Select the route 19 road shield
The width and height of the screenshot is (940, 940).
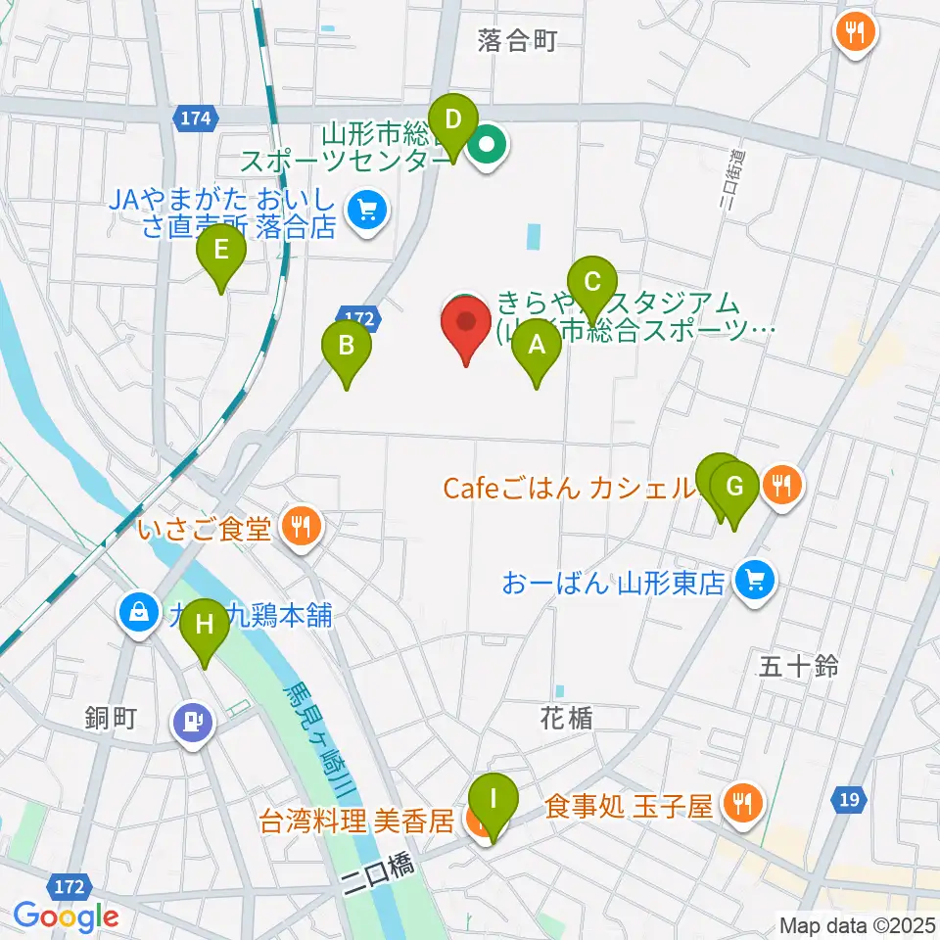point(849,801)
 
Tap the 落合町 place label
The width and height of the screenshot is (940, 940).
point(517,40)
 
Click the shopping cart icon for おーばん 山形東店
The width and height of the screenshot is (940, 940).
point(754,583)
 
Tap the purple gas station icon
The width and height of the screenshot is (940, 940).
point(193,724)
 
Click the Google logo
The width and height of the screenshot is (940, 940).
point(67,916)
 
